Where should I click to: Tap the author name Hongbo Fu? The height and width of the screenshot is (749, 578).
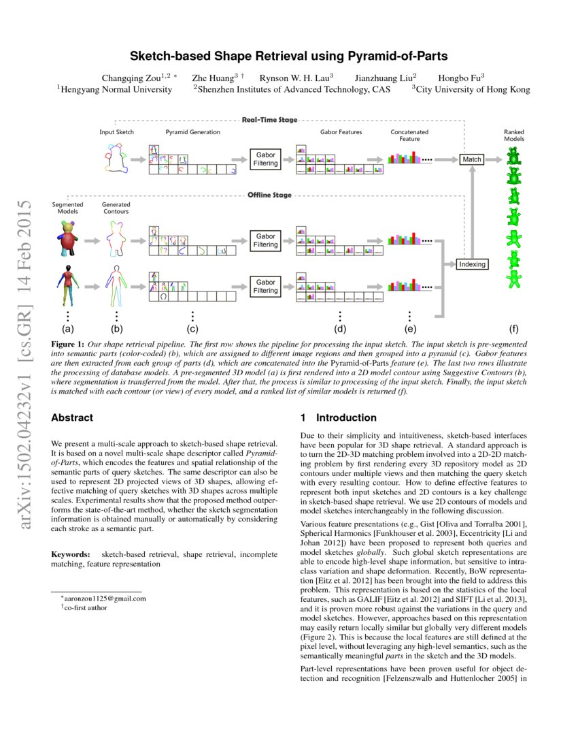[460, 78]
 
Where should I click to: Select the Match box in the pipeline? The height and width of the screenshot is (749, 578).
[471, 159]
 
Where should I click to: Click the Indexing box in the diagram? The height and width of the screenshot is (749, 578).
[471, 264]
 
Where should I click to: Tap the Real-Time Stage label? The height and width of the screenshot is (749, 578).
[270, 121]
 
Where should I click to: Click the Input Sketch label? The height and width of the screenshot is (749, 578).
[117, 132]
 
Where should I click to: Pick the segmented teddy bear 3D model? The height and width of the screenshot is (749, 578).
[67, 239]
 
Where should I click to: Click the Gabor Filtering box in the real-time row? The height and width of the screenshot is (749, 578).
[266, 159]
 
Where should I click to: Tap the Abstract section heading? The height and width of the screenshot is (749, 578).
[72, 417]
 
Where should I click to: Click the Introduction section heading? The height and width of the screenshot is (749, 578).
[338, 417]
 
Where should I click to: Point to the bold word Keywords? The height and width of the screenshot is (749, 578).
[71, 555]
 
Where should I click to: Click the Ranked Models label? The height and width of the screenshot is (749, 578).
[513, 135]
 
